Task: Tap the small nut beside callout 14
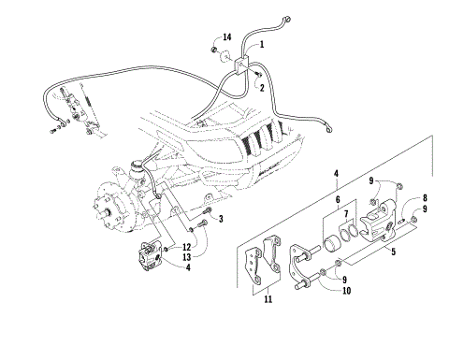tap(214, 48)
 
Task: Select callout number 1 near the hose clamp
tap(261, 44)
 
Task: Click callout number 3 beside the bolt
tap(222, 220)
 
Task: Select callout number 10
tap(345, 292)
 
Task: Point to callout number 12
tap(187, 247)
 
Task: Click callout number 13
tap(187, 258)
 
